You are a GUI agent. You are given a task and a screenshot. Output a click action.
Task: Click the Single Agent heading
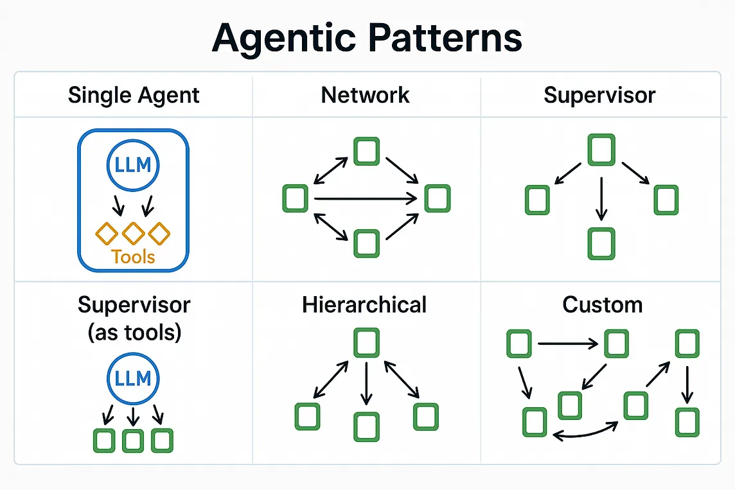pyautogui.click(x=134, y=96)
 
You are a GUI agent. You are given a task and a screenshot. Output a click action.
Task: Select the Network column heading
pyautogui.click(x=365, y=95)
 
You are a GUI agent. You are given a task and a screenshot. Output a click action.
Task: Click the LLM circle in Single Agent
pyautogui.click(x=134, y=165)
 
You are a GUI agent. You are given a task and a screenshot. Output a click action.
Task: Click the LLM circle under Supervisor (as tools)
pyautogui.click(x=134, y=378)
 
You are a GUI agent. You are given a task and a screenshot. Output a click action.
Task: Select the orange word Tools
pyautogui.click(x=133, y=257)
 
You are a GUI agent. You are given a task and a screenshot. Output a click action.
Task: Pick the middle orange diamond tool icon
pyautogui.click(x=133, y=232)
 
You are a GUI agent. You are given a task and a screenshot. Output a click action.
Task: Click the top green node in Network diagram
pyautogui.click(x=366, y=152)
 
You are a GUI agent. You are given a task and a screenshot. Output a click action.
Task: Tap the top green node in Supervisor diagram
pyautogui.click(x=601, y=149)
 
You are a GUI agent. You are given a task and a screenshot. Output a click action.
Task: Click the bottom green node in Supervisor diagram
pyautogui.click(x=601, y=243)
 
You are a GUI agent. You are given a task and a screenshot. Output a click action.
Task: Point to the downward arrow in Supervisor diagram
pyautogui.click(x=601, y=199)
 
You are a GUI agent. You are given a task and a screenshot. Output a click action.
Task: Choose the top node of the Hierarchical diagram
pyautogui.click(x=366, y=342)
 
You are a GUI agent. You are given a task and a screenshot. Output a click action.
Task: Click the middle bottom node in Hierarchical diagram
pyautogui.click(x=366, y=426)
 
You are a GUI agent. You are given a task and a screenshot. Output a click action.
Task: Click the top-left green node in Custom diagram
pyautogui.click(x=519, y=343)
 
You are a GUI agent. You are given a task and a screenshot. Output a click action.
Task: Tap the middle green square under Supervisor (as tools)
pyautogui.click(x=133, y=441)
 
